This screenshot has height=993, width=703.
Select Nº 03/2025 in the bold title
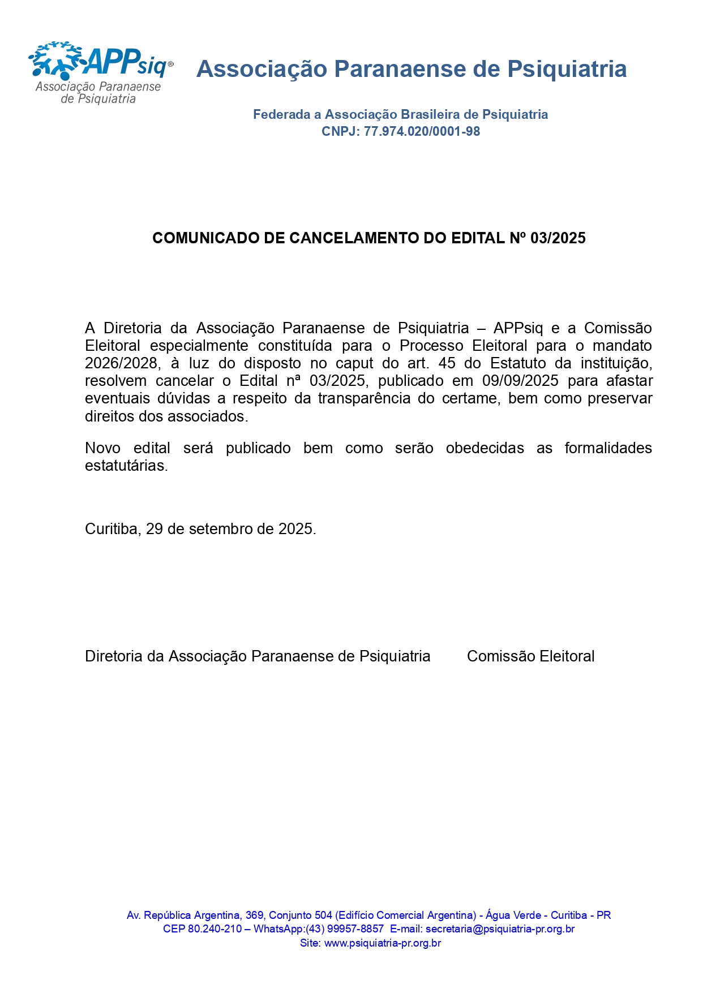click(547, 238)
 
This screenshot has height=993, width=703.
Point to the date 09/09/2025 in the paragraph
click(520, 381)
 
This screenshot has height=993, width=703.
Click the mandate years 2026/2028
click(121, 363)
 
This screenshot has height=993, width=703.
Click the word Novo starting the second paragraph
click(102, 448)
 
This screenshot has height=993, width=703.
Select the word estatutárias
click(126, 466)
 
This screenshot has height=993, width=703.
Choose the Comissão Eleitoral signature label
click(530, 656)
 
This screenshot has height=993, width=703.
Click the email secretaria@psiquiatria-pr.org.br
click(500, 929)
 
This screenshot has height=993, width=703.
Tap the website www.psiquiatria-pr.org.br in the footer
click(382, 943)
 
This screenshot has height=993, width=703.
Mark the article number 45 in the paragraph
click(447, 363)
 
